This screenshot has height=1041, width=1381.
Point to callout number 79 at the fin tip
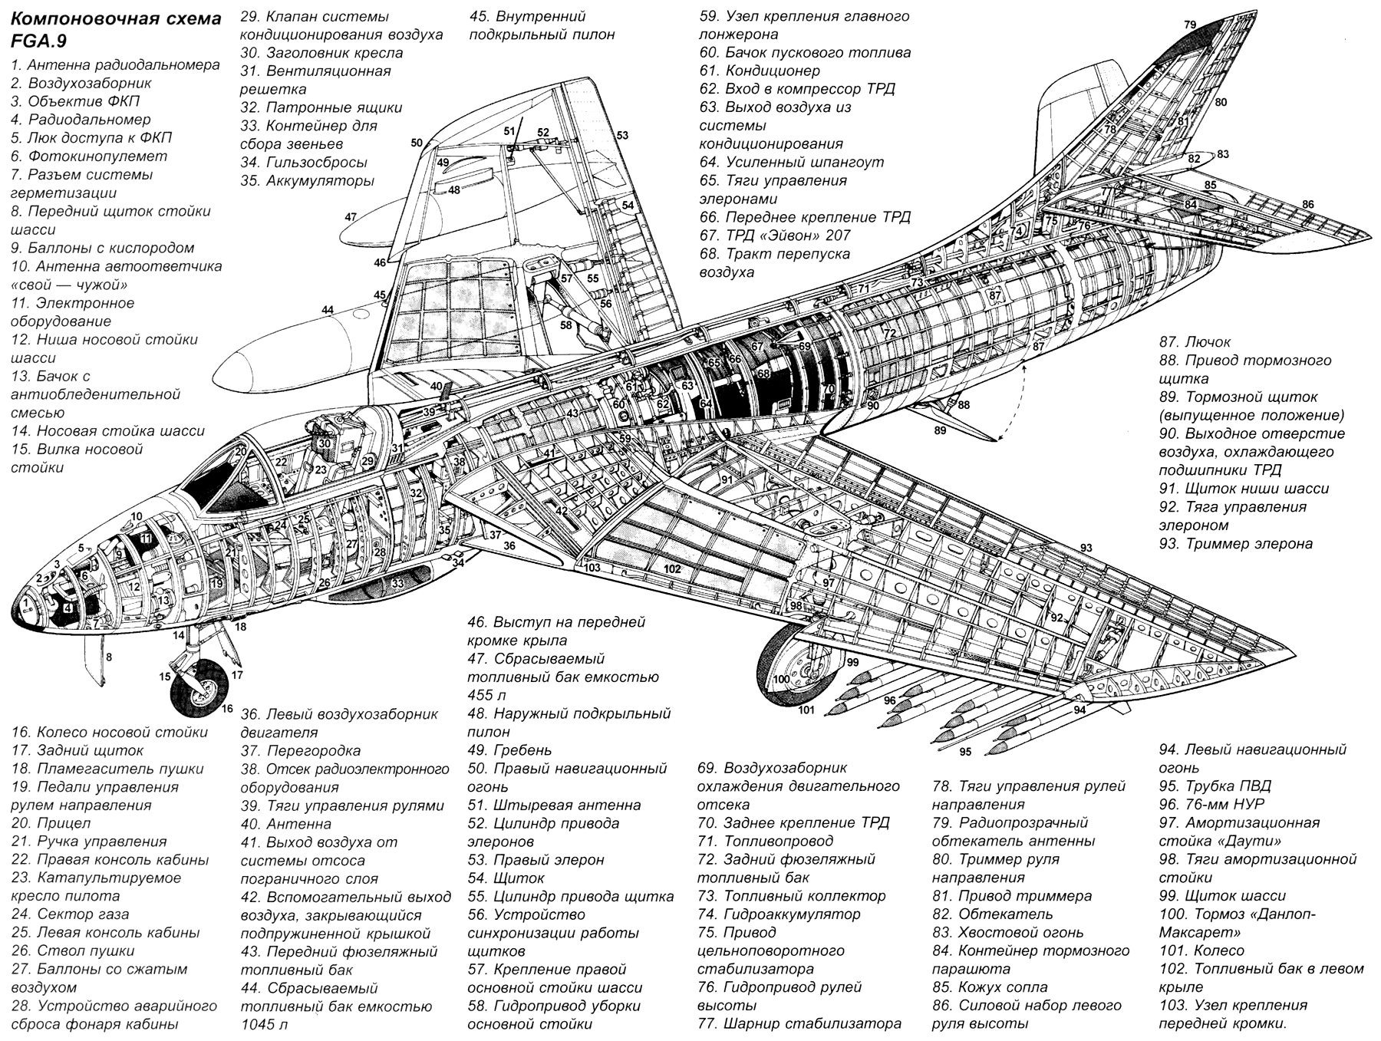(1190, 25)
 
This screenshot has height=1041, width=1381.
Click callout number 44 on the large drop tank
(328, 310)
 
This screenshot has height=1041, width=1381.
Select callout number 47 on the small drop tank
(351, 217)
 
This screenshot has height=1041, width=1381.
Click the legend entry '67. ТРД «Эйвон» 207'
(775, 236)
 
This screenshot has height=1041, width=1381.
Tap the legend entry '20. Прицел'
(51, 823)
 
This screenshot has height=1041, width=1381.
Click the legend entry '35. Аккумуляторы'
(307, 181)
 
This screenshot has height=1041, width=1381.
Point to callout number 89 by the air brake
(940, 430)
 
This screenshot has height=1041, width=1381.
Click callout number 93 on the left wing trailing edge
(1086, 548)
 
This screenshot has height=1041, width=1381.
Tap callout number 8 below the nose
(109, 657)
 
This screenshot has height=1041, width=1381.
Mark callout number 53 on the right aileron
(622, 136)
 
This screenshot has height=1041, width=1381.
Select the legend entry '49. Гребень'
(509, 750)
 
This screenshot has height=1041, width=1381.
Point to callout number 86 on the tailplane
(1307, 204)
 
